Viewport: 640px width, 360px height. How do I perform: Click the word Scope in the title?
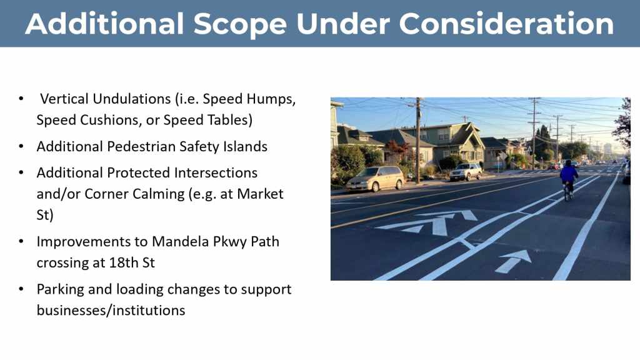(x=240, y=24)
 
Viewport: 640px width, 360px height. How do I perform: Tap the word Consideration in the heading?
(x=506, y=23)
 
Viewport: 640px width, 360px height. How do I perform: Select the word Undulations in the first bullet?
(x=132, y=99)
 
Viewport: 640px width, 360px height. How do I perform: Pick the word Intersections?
(x=216, y=172)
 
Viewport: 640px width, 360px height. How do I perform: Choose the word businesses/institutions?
(x=111, y=311)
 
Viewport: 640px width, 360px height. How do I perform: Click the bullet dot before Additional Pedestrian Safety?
(x=21, y=146)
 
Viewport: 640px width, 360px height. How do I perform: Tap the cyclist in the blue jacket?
(x=568, y=179)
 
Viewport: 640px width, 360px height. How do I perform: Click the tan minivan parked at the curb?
(x=375, y=178)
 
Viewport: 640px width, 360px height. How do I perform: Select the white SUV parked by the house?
(x=466, y=171)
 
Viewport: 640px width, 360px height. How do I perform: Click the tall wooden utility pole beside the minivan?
(x=417, y=140)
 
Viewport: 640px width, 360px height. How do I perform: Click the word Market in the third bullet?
(x=260, y=194)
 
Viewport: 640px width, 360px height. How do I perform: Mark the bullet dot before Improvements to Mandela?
(x=21, y=242)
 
